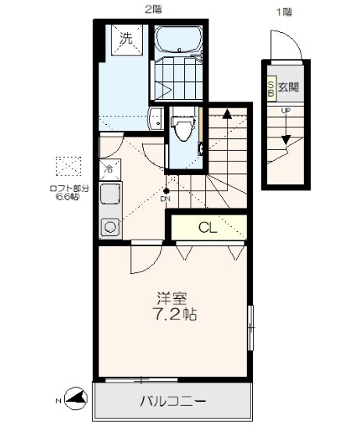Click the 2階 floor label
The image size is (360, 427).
pos(153,10)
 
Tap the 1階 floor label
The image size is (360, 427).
pos(284,12)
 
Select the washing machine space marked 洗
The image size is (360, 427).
pos(127,40)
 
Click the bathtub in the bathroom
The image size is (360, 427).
pos(179,39)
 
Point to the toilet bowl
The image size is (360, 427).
pos(184,127)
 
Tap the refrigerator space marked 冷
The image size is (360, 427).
pos(110,169)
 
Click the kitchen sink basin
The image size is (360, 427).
pos(110,194)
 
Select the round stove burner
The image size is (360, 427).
pos(110,226)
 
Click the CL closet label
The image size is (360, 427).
pos(208,227)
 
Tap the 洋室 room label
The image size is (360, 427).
pos(172,298)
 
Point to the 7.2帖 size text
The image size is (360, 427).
pos(174,315)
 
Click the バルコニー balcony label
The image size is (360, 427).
pos(173,401)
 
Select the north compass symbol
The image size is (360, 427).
pos(76,398)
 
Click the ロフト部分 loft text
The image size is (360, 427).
pos(70,188)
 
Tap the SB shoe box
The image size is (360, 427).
pos(272,88)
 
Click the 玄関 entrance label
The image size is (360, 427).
pos(288,87)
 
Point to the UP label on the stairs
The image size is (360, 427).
pos(286,111)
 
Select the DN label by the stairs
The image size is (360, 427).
pos(165,199)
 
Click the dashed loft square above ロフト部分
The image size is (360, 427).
pos(69,165)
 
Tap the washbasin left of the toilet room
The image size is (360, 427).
pos(156,119)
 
